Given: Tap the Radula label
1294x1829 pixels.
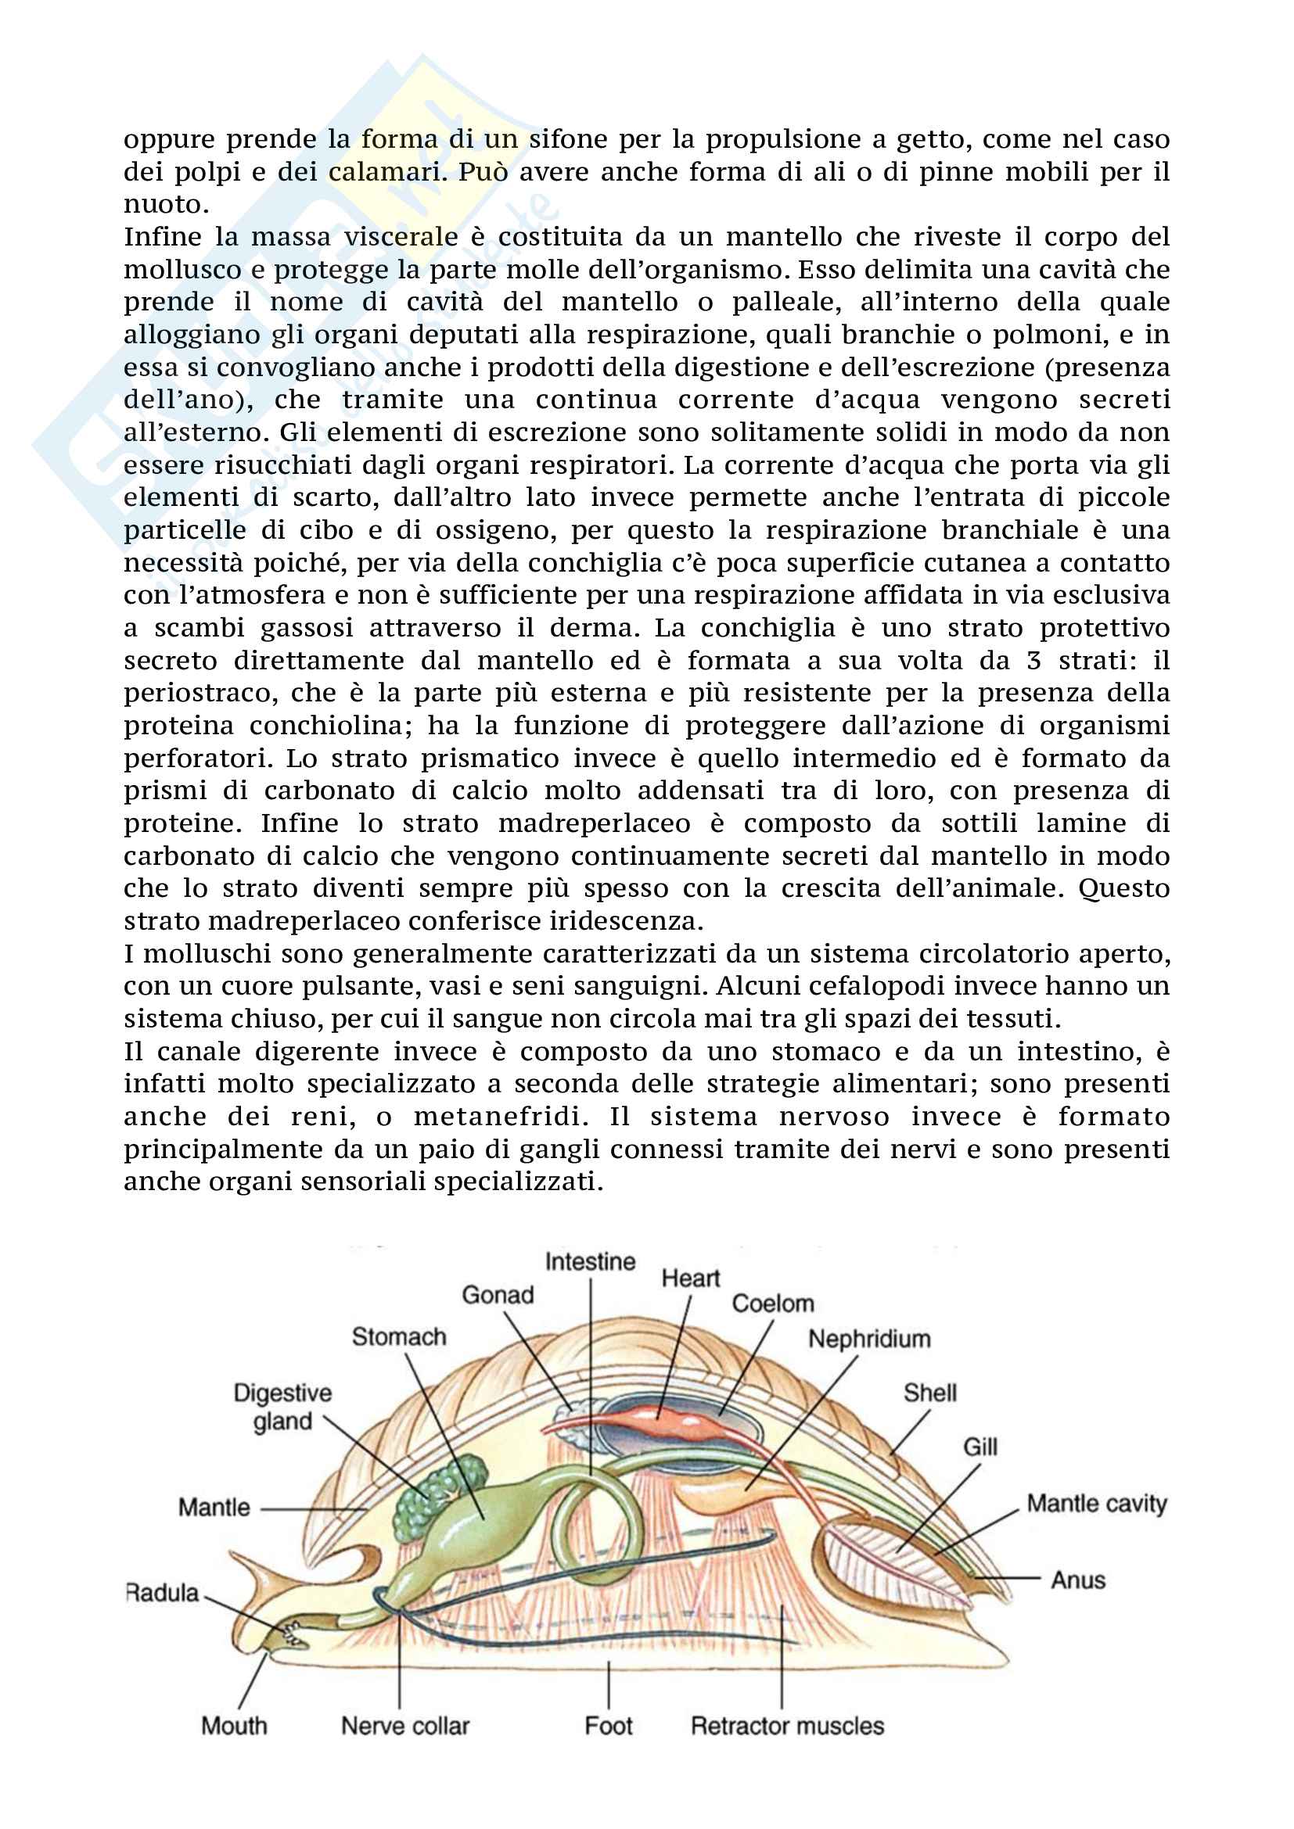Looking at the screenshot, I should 163,1592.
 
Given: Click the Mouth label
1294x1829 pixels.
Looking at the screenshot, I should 234,1726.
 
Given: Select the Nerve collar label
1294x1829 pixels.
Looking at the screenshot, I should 405,1726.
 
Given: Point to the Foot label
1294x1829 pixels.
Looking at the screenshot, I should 609,1726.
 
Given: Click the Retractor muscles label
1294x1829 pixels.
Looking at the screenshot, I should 787,1726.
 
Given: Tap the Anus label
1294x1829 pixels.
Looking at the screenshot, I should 1078,1580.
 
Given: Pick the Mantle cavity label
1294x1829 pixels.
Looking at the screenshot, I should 1096,1503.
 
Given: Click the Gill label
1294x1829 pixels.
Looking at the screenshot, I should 980,1447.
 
